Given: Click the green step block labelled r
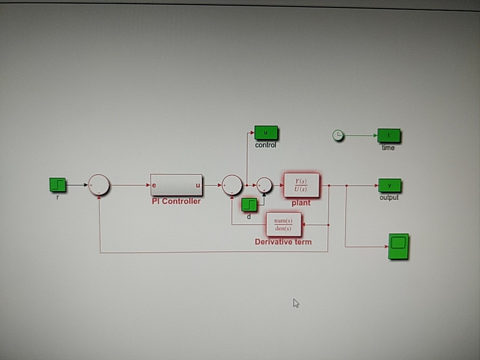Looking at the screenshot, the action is click(57, 185).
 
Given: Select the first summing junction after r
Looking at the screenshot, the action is click(99, 185).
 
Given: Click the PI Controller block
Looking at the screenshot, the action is click(176, 185).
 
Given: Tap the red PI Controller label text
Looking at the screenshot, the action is click(176, 202).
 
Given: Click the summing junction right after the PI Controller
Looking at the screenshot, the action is click(232, 185).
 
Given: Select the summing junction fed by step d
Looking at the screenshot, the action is click(264, 185).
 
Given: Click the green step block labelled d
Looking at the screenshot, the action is click(249, 204).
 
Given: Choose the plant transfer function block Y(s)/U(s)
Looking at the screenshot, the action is click(301, 185).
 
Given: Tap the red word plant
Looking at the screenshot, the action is click(301, 203).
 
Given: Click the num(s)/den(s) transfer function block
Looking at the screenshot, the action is click(284, 225).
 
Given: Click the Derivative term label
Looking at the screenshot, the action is click(283, 242).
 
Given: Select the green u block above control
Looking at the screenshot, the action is click(266, 133).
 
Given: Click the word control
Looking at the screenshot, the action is click(266, 145).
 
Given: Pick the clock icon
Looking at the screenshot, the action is click(337, 136).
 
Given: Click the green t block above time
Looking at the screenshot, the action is click(389, 136).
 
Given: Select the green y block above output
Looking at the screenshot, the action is click(390, 186).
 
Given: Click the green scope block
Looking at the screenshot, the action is click(398, 247).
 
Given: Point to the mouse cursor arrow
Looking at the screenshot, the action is click(296, 303).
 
